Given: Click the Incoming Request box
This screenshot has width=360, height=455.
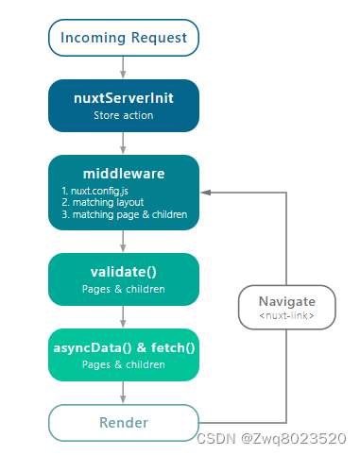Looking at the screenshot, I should [124, 39].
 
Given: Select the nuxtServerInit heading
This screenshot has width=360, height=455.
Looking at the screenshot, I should [124, 97].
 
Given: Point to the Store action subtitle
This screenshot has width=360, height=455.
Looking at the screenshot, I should [124, 115].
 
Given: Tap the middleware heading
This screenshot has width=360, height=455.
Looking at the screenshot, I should [124, 174].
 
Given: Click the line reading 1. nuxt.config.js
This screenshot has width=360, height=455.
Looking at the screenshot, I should [93, 191].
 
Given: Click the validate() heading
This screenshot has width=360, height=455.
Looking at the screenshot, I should [124, 273].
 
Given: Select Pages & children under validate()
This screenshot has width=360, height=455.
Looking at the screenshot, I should [124, 290].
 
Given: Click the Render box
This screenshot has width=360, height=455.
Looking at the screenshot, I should [124, 422].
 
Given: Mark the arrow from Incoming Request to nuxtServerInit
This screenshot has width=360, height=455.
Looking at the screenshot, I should [124, 68].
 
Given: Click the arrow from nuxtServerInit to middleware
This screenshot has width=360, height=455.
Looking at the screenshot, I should [124, 143].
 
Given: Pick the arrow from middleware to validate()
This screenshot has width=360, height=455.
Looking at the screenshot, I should [124, 242].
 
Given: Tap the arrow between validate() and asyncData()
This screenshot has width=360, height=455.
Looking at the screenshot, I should [124, 317].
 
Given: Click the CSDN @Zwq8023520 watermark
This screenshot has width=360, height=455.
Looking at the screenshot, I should [273, 438].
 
